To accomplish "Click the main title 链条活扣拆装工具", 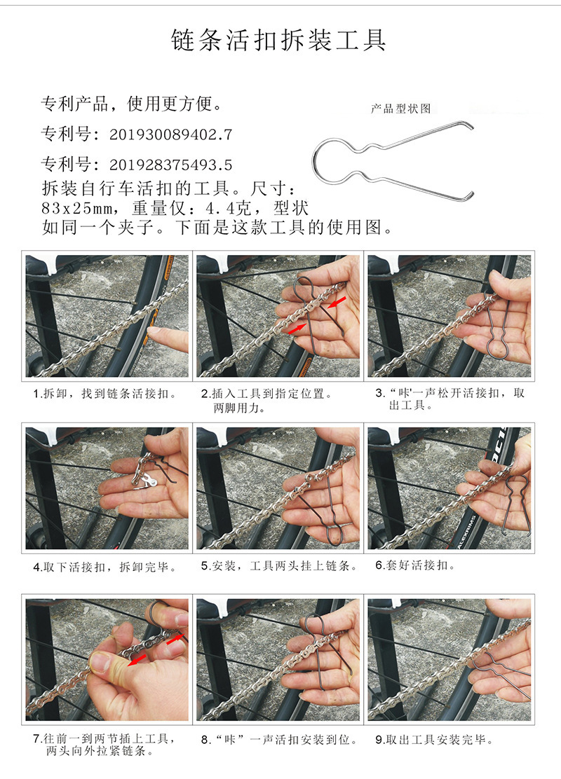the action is [278, 40].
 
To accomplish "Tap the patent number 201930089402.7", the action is [170, 135].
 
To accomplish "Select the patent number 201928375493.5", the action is [170, 165].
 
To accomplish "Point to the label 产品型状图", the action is [401, 109].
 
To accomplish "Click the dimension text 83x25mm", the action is [77, 208].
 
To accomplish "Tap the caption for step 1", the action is [105, 394].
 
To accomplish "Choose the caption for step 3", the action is [450, 399].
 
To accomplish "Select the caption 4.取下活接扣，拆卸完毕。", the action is [105, 567].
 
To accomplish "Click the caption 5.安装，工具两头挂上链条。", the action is [279, 566].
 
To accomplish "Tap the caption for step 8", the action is [279, 740].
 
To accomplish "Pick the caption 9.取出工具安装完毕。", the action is [434, 740].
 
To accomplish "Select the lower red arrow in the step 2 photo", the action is [297, 328].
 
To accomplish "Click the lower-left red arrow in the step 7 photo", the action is [137, 660].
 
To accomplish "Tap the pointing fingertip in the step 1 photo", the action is [154, 335].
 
